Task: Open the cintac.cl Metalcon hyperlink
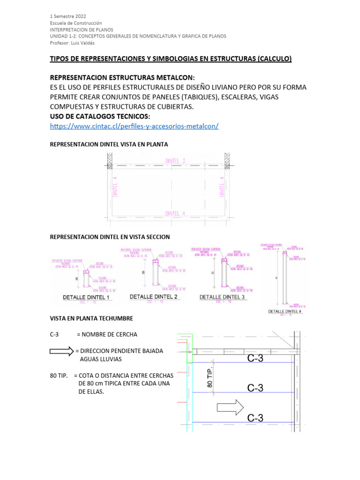point(134,126)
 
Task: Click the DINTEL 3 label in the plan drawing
point(175,161)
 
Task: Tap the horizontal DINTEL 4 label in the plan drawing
point(175,213)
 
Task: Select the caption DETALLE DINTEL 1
point(86,297)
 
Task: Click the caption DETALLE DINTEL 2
point(153,297)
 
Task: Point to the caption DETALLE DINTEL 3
point(222,297)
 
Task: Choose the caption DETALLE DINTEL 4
point(285,311)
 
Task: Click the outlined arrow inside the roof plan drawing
point(230,407)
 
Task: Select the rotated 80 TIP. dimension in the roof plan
point(210,376)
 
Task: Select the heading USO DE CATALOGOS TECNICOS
point(100,116)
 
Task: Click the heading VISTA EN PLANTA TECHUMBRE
point(91,318)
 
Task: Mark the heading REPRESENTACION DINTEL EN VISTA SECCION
point(110,237)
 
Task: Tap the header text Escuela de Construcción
point(75,23)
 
